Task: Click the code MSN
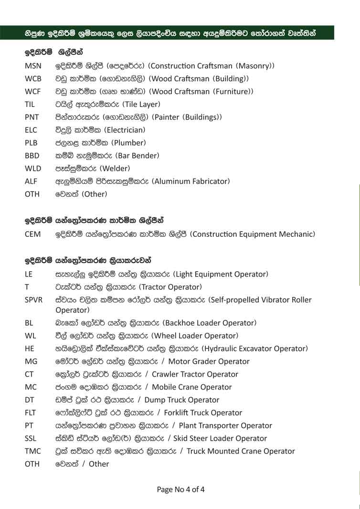click(32, 66)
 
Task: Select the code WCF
click(32, 91)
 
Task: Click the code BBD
click(32, 156)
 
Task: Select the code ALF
click(31, 181)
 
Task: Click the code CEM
click(32, 234)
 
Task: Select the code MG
click(30, 362)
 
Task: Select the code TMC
click(32, 451)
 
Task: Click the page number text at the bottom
click(180, 489)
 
